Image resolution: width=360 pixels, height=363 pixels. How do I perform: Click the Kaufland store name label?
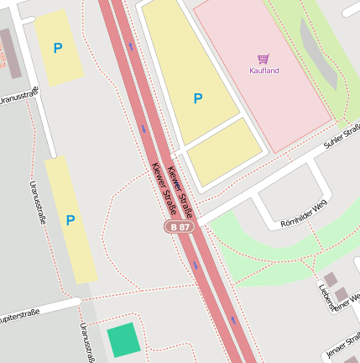click(264, 71)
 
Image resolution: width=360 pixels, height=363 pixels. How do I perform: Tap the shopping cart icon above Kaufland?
click(263, 59)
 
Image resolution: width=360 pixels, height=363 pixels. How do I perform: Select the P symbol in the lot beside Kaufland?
click(198, 99)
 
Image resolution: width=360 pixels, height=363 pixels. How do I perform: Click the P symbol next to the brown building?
click(58, 49)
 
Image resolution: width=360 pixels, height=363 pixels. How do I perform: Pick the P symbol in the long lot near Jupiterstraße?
click(70, 220)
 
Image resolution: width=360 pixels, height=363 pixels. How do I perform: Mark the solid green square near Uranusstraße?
click(123, 340)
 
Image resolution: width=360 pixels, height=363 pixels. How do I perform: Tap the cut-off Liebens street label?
click(325, 295)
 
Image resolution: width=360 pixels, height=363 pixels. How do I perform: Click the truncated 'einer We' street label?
click(347, 302)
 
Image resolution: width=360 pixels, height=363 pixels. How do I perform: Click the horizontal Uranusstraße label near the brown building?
click(18, 98)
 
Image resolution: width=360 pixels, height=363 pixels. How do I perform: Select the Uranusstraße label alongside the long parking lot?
click(38, 203)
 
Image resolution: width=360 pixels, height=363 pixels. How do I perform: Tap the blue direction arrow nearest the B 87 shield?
click(196, 266)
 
